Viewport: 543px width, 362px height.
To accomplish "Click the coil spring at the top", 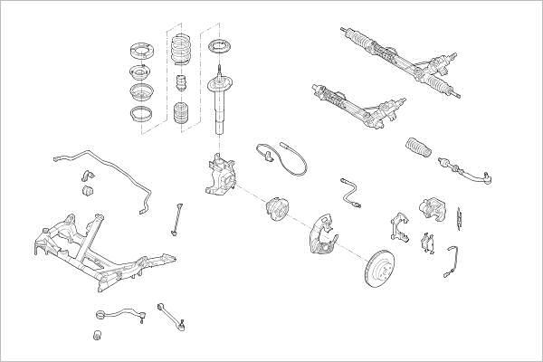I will [x=179, y=50].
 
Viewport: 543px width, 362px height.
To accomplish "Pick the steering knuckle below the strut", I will [x=217, y=174].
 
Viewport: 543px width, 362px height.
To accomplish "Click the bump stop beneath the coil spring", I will [x=179, y=90].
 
